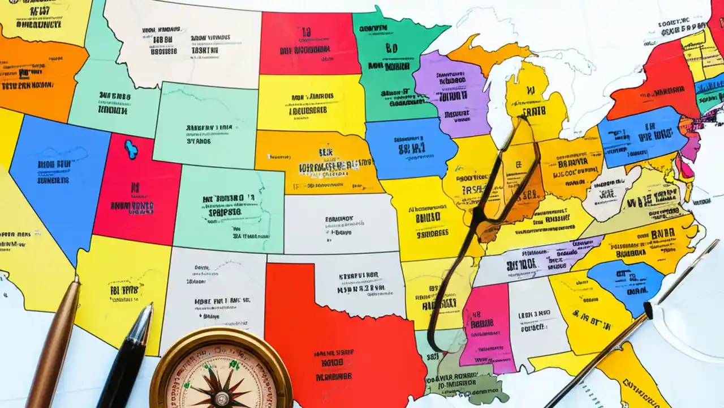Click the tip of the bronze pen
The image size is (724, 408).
point(77,278)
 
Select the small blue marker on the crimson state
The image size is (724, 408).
point(131,149)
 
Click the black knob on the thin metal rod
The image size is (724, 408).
point(648,310)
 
